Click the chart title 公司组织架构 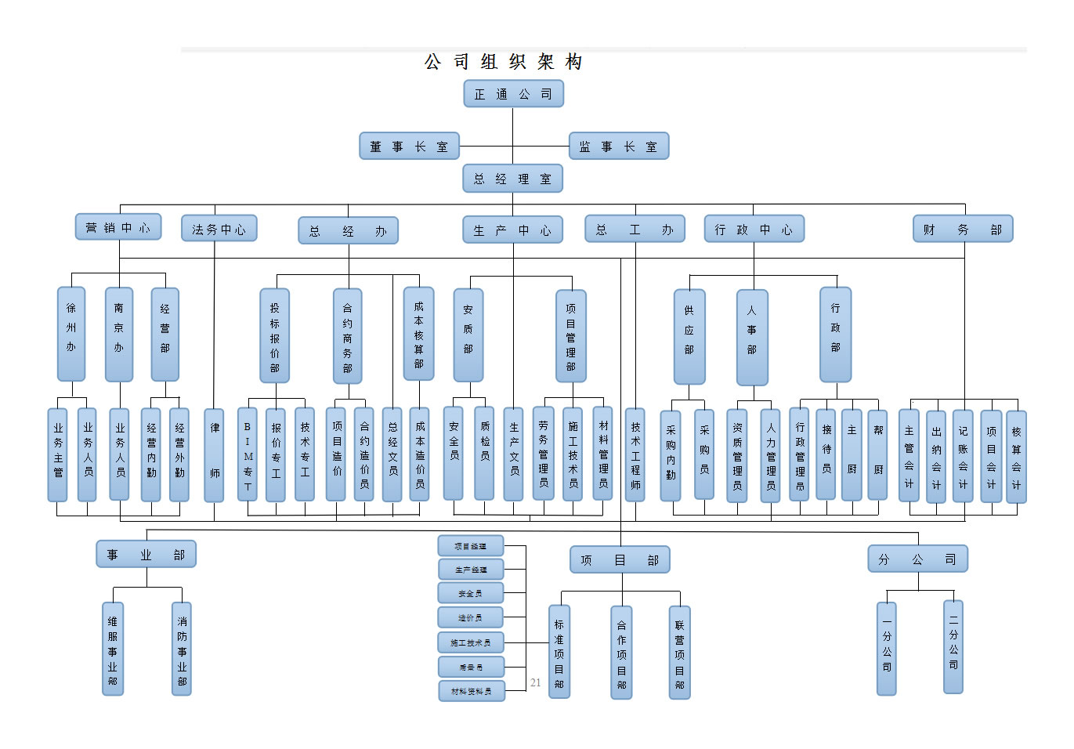(x=503, y=62)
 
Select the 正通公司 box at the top (x=513, y=94)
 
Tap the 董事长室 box (x=409, y=147)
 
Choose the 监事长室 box (x=619, y=147)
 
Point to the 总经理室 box (x=513, y=179)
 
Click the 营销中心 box (x=118, y=227)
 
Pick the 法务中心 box (x=219, y=229)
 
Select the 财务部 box (x=963, y=229)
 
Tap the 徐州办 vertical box (x=71, y=334)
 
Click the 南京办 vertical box (x=119, y=334)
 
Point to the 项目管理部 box (x=571, y=336)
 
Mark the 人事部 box (x=752, y=338)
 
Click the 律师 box (x=214, y=454)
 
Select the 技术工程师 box (x=635, y=454)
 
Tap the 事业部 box (x=146, y=555)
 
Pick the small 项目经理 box (x=471, y=546)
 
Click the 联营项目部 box (x=679, y=653)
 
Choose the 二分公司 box (x=953, y=647)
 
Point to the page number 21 (x=536, y=682)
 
